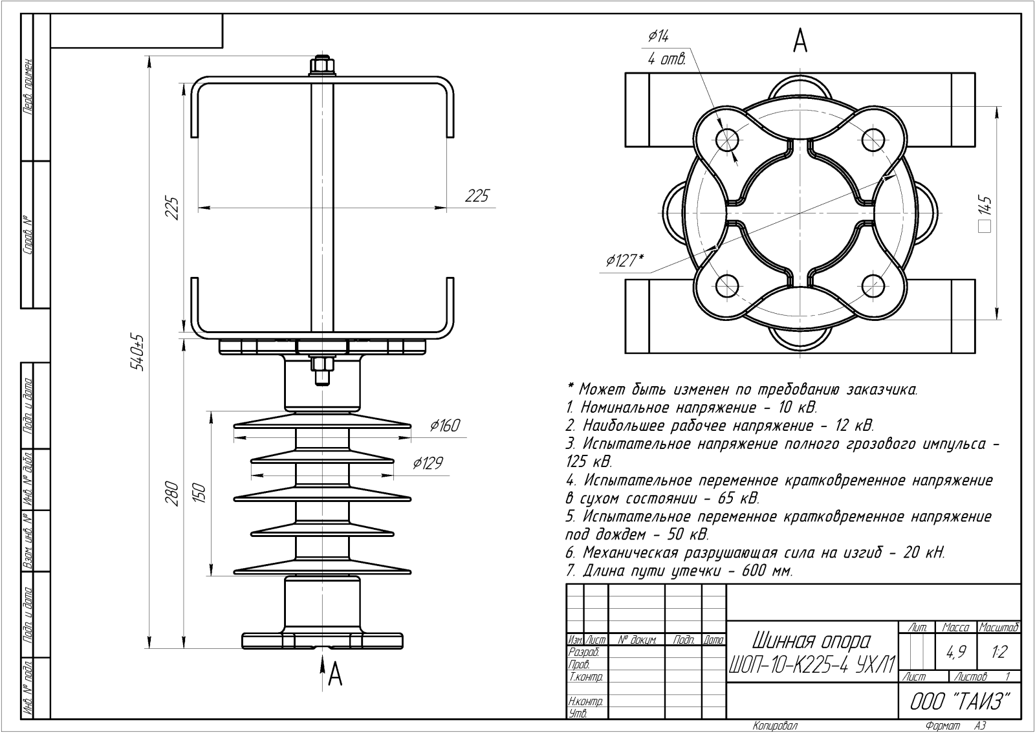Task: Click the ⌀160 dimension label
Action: pos(445,425)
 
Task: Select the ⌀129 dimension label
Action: pos(428,463)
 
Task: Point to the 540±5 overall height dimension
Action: pos(137,353)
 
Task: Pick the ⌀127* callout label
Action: pos(624,260)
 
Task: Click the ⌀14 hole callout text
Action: pos(659,37)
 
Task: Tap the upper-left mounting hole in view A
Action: pos(727,138)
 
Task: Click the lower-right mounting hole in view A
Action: pos(874,285)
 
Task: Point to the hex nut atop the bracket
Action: pos(322,66)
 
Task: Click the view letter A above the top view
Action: pos(800,41)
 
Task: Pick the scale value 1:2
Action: pos(999,653)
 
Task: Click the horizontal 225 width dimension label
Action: pos(477,195)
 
